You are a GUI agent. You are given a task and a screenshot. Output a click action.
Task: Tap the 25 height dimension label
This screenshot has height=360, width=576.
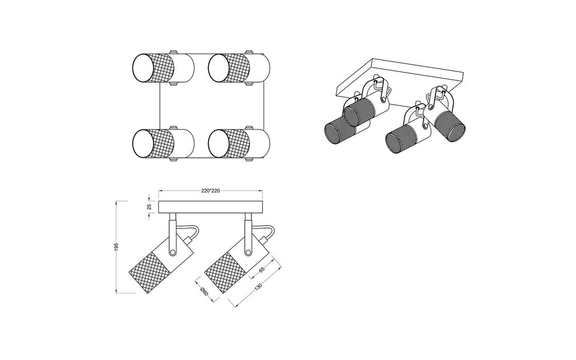(x=149, y=206)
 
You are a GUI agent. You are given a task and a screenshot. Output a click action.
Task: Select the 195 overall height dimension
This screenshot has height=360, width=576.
(x=118, y=247)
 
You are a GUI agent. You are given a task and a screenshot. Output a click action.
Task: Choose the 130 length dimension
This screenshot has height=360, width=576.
(x=257, y=289)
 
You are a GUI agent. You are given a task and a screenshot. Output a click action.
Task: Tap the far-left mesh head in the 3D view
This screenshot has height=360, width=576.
(x=340, y=131)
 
